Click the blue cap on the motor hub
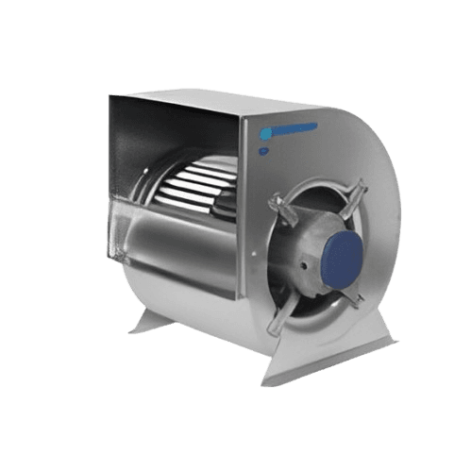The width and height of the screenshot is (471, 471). point(338,255)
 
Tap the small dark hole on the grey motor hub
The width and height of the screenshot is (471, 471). point(304,267)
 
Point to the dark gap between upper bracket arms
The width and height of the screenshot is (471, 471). point(321,203)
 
